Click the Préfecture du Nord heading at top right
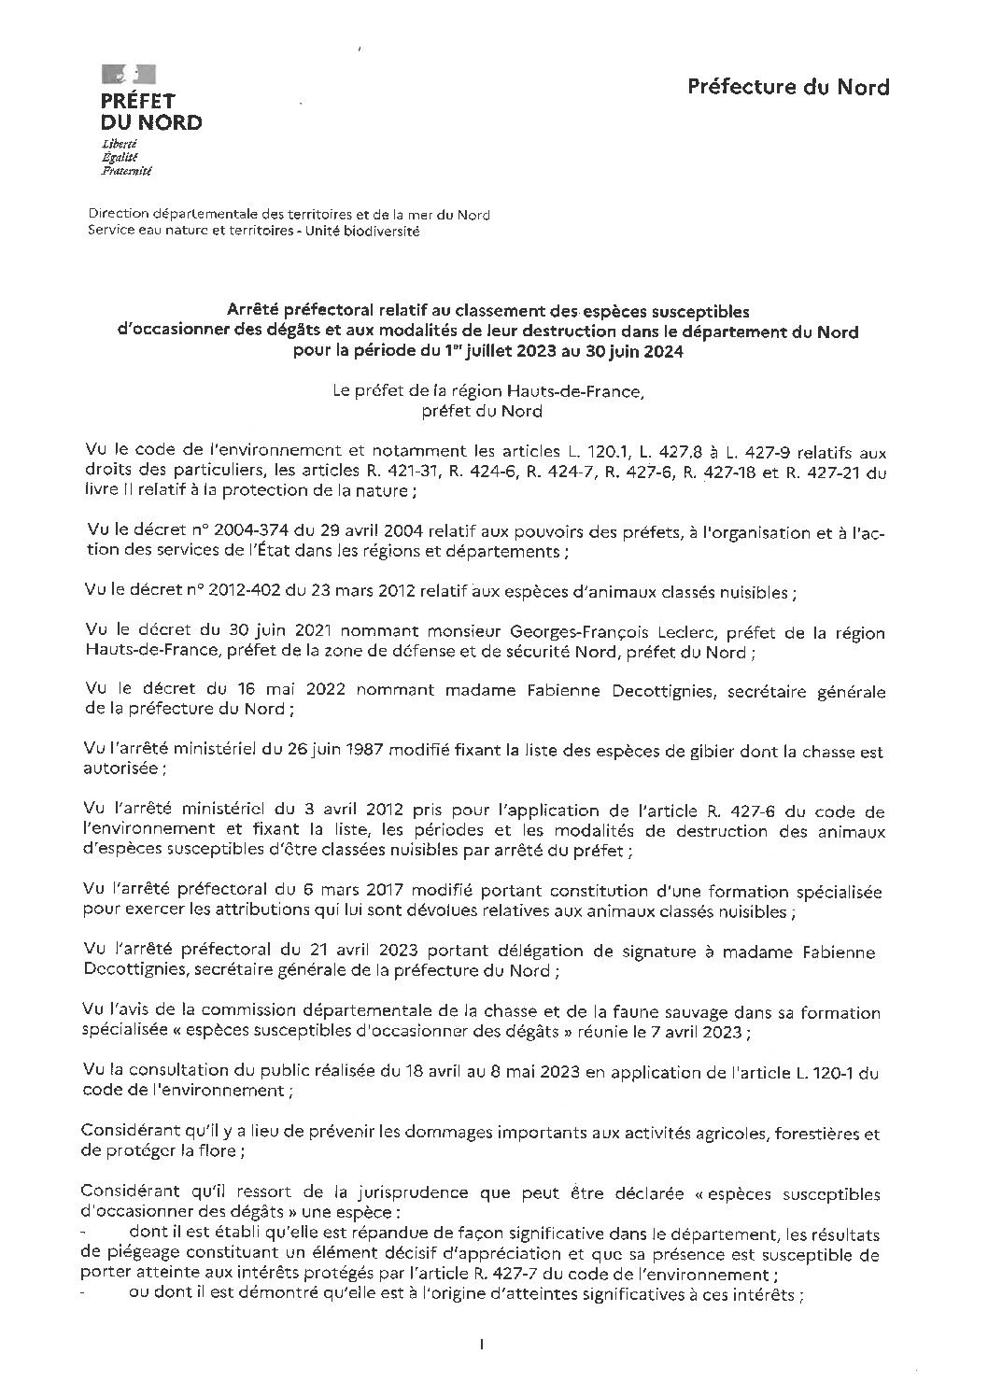click(788, 87)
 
